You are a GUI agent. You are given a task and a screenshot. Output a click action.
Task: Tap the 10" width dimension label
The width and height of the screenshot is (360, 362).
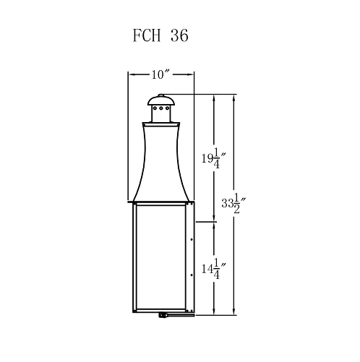coord(160,74)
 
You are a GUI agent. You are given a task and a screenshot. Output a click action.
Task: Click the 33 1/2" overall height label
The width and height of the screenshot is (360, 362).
coord(233,204)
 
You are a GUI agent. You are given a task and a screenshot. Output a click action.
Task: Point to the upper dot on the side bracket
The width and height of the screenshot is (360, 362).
coord(190,236)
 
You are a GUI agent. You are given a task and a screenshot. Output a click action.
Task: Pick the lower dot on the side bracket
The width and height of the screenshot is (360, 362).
coord(190,275)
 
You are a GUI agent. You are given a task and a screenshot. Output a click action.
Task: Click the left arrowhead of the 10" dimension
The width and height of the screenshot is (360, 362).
coord(131,74)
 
